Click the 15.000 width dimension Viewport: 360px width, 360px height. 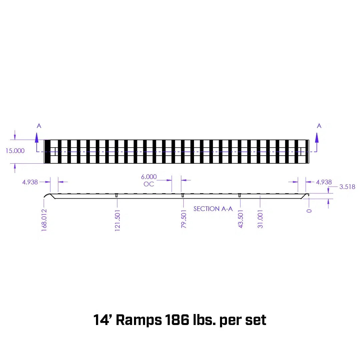tap(15, 151)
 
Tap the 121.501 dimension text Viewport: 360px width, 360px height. tap(117, 220)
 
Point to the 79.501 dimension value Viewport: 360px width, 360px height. tap(184, 219)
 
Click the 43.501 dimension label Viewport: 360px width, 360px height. tap(241, 219)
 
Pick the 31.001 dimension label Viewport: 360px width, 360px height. tap(260, 219)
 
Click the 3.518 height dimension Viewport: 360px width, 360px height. tap(347, 187)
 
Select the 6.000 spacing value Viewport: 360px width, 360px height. tap(149, 177)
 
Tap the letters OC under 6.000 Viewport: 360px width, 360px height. tap(149, 184)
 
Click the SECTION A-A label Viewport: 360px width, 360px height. tap(213, 209)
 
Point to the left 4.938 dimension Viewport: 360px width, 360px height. tap(30, 182)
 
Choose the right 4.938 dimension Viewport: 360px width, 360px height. tap(324, 182)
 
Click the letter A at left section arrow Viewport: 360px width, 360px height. tap(39, 126)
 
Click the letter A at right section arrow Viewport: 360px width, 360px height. tap(319, 126)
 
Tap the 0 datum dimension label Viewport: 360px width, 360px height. tap(309, 210)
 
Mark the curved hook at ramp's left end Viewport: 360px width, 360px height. tap(47, 197)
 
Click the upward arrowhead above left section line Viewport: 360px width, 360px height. tap(37, 136)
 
